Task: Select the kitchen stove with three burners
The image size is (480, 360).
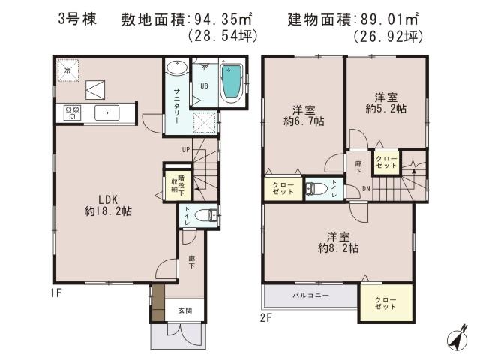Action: [73, 112]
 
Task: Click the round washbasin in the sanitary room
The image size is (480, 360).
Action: [177, 68]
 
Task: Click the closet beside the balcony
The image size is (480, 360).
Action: [385, 304]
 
